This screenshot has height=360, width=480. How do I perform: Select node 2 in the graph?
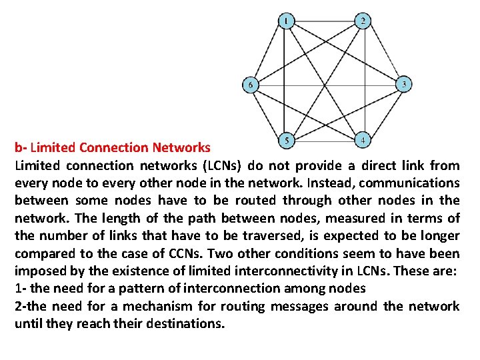pos(362,21)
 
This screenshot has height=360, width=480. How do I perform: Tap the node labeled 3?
pos(403,85)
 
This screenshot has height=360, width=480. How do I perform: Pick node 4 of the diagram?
pos(362,141)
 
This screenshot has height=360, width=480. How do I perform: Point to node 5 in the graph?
pos(286,141)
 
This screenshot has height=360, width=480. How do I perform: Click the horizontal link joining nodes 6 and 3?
pos(327,85)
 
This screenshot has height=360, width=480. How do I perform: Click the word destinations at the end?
pos(186,324)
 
